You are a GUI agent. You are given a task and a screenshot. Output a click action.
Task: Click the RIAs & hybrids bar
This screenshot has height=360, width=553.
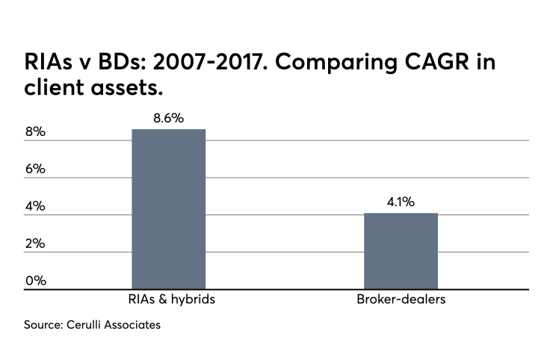pos(168,209)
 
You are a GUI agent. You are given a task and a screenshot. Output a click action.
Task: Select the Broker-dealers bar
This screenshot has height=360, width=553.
pos(401,251)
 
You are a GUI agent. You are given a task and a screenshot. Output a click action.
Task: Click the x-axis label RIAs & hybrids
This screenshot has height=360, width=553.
pos(168,300)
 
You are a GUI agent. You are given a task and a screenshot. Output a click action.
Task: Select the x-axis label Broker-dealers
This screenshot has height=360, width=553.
pos(401,300)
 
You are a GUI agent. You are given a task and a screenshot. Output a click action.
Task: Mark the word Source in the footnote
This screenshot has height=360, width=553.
pos(41,326)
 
